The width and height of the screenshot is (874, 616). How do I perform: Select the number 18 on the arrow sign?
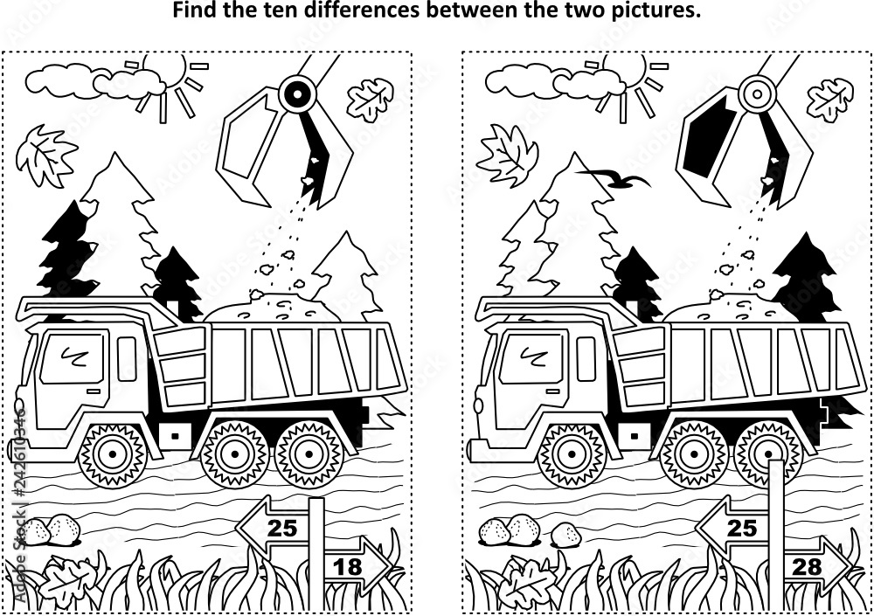[x=347, y=566]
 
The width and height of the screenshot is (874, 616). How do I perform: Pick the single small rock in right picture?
[x=565, y=535]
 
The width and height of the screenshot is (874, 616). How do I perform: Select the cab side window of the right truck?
[x=586, y=358]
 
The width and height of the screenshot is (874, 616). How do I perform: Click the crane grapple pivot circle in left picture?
[x=298, y=90]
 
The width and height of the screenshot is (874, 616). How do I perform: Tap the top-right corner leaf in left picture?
[x=371, y=98]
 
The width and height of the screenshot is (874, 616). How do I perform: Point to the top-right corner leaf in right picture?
[x=829, y=98]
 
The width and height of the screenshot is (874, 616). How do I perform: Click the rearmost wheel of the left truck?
[x=309, y=453]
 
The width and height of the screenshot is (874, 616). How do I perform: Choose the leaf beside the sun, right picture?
[x=507, y=155]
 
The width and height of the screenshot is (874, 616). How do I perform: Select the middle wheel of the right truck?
[x=693, y=453]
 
